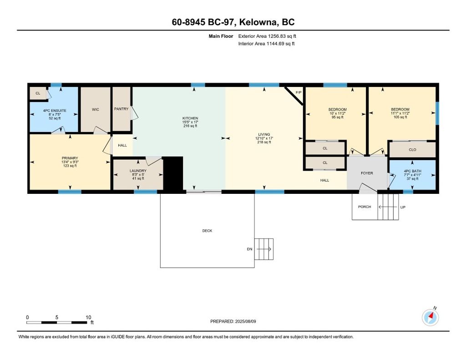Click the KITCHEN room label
coord(190,118)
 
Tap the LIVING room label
coord(264,134)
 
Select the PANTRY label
coord(121,109)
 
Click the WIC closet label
coord(96,110)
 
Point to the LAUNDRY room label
coord(138,171)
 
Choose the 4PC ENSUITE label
coord(55,111)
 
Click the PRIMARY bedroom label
coord(70,158)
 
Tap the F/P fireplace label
coord(299,92)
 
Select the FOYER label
coord(367,173)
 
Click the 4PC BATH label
coord(412,171)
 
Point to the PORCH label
coord(365,207)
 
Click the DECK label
coord(207,231)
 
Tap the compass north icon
coord(431,317)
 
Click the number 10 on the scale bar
coord(88,317)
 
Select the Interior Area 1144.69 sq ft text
coord(266,44)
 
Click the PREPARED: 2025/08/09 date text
coord(233,321)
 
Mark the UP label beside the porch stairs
coord(403,207)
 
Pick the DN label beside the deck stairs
coord(250,249)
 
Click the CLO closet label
coord(412,150)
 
